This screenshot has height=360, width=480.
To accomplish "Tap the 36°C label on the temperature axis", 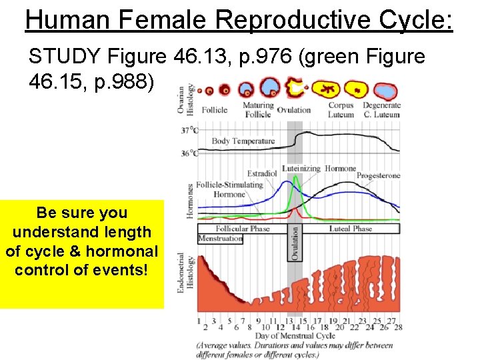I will [x=189, y=153].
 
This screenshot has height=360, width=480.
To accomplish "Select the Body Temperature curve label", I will [x=243, y=141].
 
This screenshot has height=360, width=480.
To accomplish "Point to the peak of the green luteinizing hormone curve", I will [x=294, y=176].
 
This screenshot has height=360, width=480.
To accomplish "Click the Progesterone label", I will [x=378, y=175].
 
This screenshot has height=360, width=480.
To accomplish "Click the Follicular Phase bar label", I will [x=241, y=229].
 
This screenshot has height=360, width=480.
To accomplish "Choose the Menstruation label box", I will [x=220, y=238].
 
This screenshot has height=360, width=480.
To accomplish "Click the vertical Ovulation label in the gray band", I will [x=295, y=243].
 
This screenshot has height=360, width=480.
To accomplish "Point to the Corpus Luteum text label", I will [x=341, y=109].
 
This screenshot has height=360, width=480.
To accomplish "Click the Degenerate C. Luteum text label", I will [x=381, y=109].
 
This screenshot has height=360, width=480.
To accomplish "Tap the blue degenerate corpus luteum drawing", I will [x=385, y=91].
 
